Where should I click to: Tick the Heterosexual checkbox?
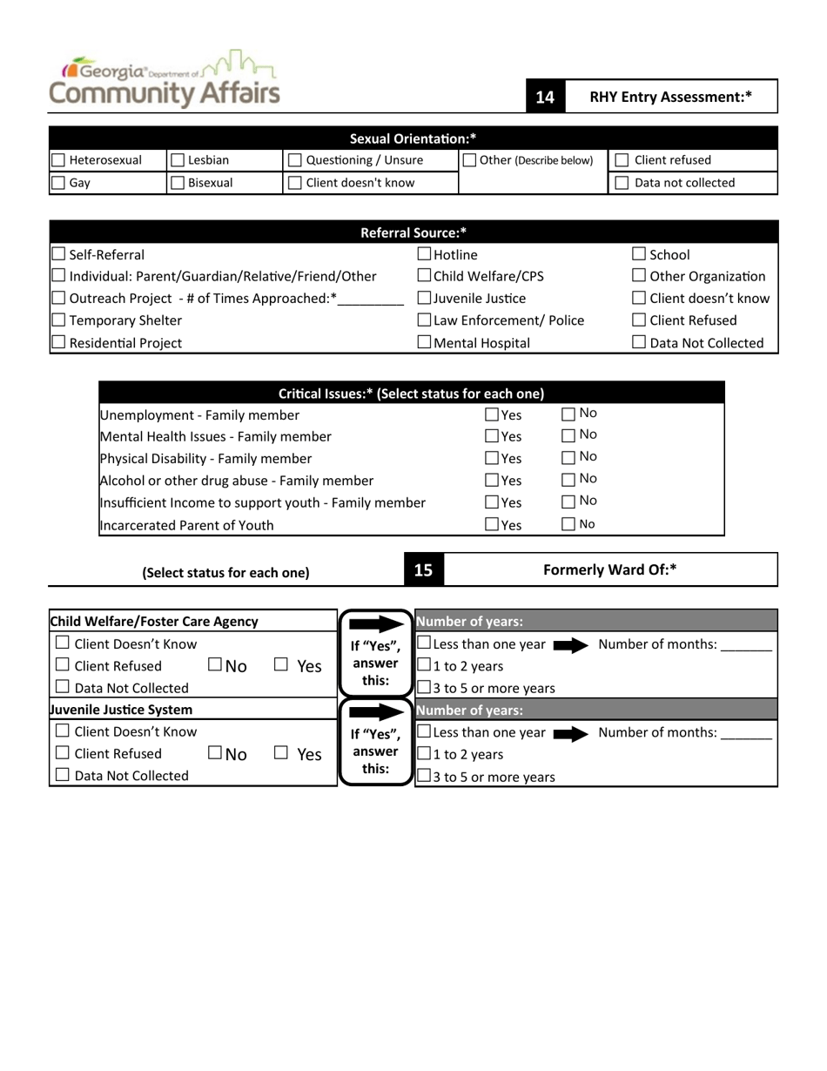pos(58,160)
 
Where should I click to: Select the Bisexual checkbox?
pos(177,183)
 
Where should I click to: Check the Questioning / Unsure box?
pos(294,160)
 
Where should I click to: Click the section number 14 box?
pos(545,98)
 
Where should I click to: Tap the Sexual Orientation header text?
pos(413,138)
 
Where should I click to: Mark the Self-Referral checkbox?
pos(58,254)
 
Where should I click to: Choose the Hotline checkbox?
pos(425,254)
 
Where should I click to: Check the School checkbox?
pos(638,254)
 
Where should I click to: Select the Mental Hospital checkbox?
pos(425,343)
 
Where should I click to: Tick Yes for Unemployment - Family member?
pos(492,414)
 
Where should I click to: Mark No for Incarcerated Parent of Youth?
pos(568,524)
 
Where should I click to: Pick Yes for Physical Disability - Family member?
pos(492,458)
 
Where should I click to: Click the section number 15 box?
pos(423,570)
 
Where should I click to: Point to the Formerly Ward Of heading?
pos(609,569)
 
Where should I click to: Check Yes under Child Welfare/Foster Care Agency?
pos(280,665)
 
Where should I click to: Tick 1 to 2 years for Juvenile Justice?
pos(425,754)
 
